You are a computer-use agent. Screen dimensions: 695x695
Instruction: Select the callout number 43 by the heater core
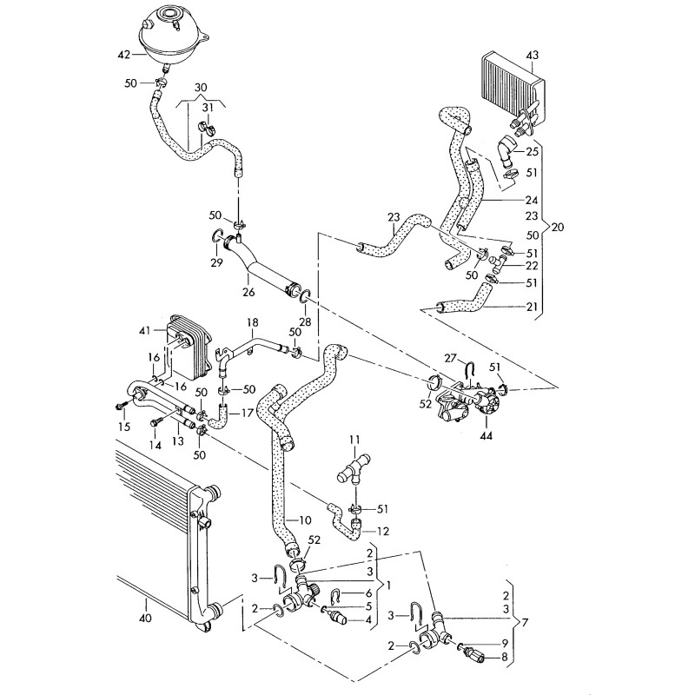click(x=533, y=56)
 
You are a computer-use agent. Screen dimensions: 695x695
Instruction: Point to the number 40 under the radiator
click(x=145, y=619)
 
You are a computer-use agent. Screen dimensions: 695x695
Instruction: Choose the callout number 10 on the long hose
click(x=304, y=520)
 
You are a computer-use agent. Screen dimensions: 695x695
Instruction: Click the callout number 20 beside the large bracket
click(x=558, y=228)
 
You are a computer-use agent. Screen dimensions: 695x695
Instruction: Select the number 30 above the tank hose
click(x=202, y=88)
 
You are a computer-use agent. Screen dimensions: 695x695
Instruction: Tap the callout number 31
click(x=208, y=108)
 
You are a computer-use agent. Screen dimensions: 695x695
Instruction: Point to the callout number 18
click(x=253, y=322)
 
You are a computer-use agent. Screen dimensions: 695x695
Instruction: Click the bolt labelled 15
click(x=121, y=406)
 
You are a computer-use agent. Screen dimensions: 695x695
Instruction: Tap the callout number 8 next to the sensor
click(x=504, y=658)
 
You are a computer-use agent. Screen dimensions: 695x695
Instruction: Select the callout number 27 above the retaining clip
click(x=449, y=358)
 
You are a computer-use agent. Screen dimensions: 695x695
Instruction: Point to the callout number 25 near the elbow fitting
click(x=533, y=152)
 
